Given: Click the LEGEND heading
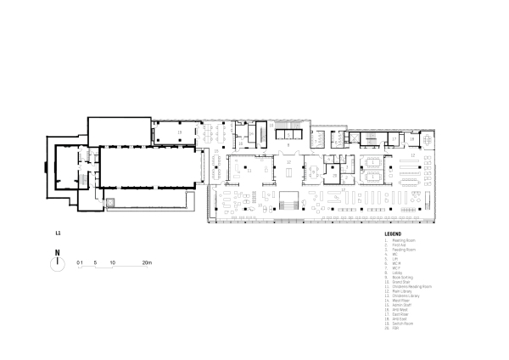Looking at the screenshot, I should (392, 233).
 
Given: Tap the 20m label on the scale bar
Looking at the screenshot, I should (147, 263).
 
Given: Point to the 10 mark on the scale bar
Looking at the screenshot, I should (112, 263).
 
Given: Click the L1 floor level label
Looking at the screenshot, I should (57, 232).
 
